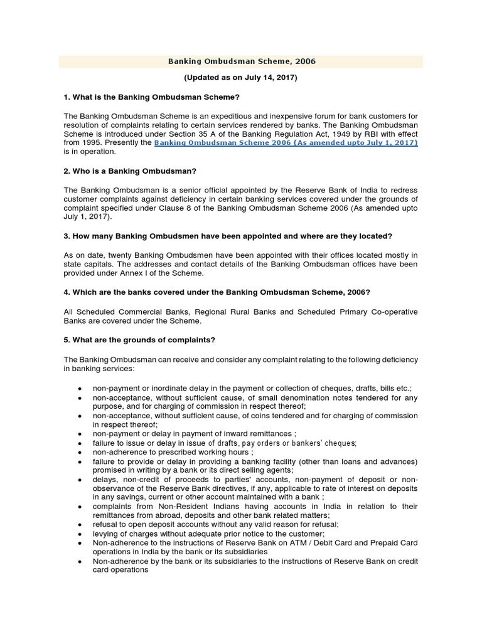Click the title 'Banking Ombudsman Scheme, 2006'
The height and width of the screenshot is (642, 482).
click(241, 61)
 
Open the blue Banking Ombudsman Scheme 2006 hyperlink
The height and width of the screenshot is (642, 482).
click(286, 143)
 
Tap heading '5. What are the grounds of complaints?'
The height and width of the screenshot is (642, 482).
click(140, 340)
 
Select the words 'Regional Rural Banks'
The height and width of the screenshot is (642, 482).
click(225, 312)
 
